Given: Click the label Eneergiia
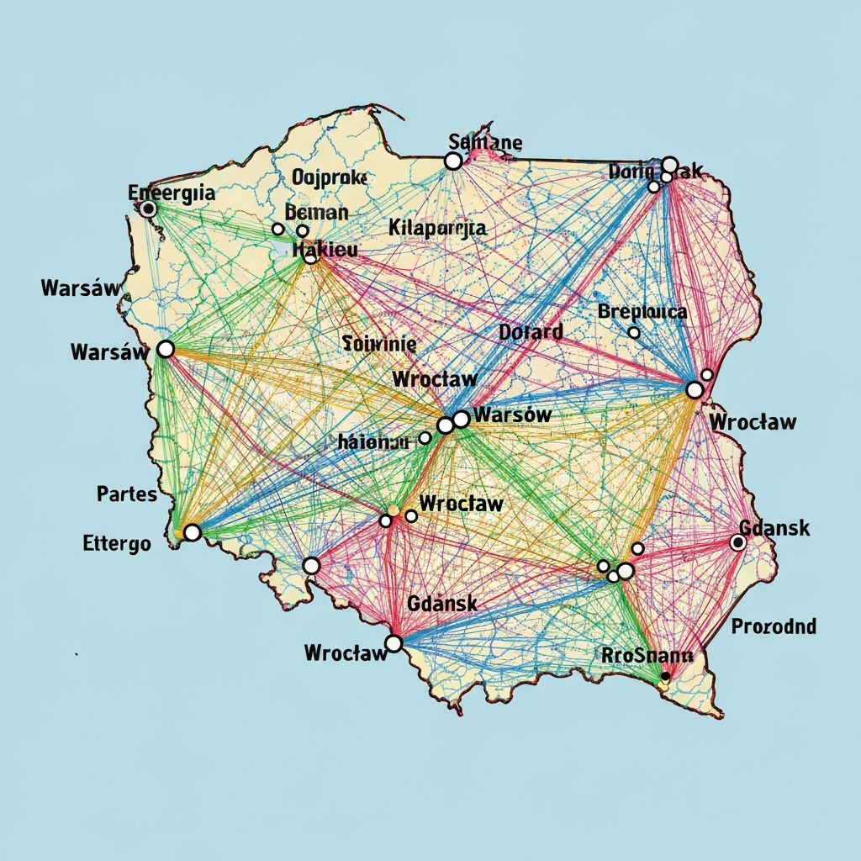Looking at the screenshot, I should pyautogui.click(x=171, y=193).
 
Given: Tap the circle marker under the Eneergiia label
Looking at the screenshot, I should pyautogui.click(x=149, y=209).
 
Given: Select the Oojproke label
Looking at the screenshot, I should pyautogui.click(x=329, y=177).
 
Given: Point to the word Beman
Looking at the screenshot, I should pyautogui.click(x=317, y=212).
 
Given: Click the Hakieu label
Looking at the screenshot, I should pyautogui.click(x=324, y=249).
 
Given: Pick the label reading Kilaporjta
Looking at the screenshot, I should pyautogui.click(x=437, y=227).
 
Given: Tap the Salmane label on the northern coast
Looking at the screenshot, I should pyautogui.click(x=485, y=141).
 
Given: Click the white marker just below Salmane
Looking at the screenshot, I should pyautogui.click(x=453, y=161).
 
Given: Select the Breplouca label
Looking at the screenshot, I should pyautogui.click(x=642, y=312).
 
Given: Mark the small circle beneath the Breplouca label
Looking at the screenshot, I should pyautogui.click(x=634, y=333).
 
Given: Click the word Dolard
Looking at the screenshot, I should pyautogui.click(x=531, y=332).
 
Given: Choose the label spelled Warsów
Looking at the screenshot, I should pyautogui.click(x=512, y=414).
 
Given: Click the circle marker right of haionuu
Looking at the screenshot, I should pyautogui.click(x=425, y=438).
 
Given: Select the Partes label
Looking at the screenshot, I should pyautogui.click(x=127, y=494).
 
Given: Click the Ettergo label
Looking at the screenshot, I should pyautogui.click(x=117, y=543).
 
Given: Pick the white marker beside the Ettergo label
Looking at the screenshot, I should pyautogui.click(x=193, y=532).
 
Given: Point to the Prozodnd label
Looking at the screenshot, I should pyautogui.click(x=773, y=626).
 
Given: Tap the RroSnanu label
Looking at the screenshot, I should pyautogui.click(x=647, y=655).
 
